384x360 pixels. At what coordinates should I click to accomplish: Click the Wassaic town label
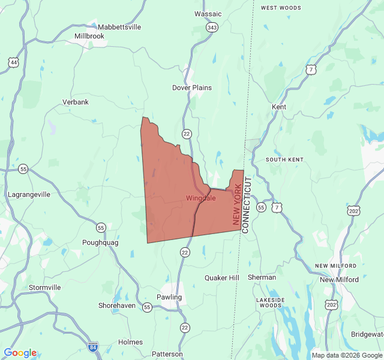point(208,14)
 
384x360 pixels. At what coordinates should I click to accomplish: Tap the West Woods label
point(281,8)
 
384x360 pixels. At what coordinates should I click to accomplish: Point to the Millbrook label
point(89,36)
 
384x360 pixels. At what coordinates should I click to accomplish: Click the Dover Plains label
point(192,88)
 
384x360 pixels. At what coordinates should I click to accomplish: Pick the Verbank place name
point(76,102)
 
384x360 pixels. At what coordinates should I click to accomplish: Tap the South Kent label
point(285,160)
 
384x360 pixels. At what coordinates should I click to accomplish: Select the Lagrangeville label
point(29,194)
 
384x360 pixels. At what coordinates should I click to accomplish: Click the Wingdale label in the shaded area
point(201,198)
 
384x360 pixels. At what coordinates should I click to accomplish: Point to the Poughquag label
point(100,243)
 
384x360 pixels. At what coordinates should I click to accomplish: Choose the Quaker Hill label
point(222,278)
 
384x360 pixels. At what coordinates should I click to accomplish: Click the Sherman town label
point(262,278)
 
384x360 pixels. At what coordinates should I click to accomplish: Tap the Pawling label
point(169,297)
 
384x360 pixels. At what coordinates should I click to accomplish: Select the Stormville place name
point(45,287)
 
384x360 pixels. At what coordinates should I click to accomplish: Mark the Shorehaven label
point(117,305)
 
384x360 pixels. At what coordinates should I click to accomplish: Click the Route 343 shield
point(212,28)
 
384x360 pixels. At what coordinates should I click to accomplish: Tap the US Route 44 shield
point(13,62)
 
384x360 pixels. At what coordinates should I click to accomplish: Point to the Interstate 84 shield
point(92,347)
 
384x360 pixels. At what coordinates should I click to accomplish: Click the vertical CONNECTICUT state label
point(246,205)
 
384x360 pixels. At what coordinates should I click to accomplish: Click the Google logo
point(20,353)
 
